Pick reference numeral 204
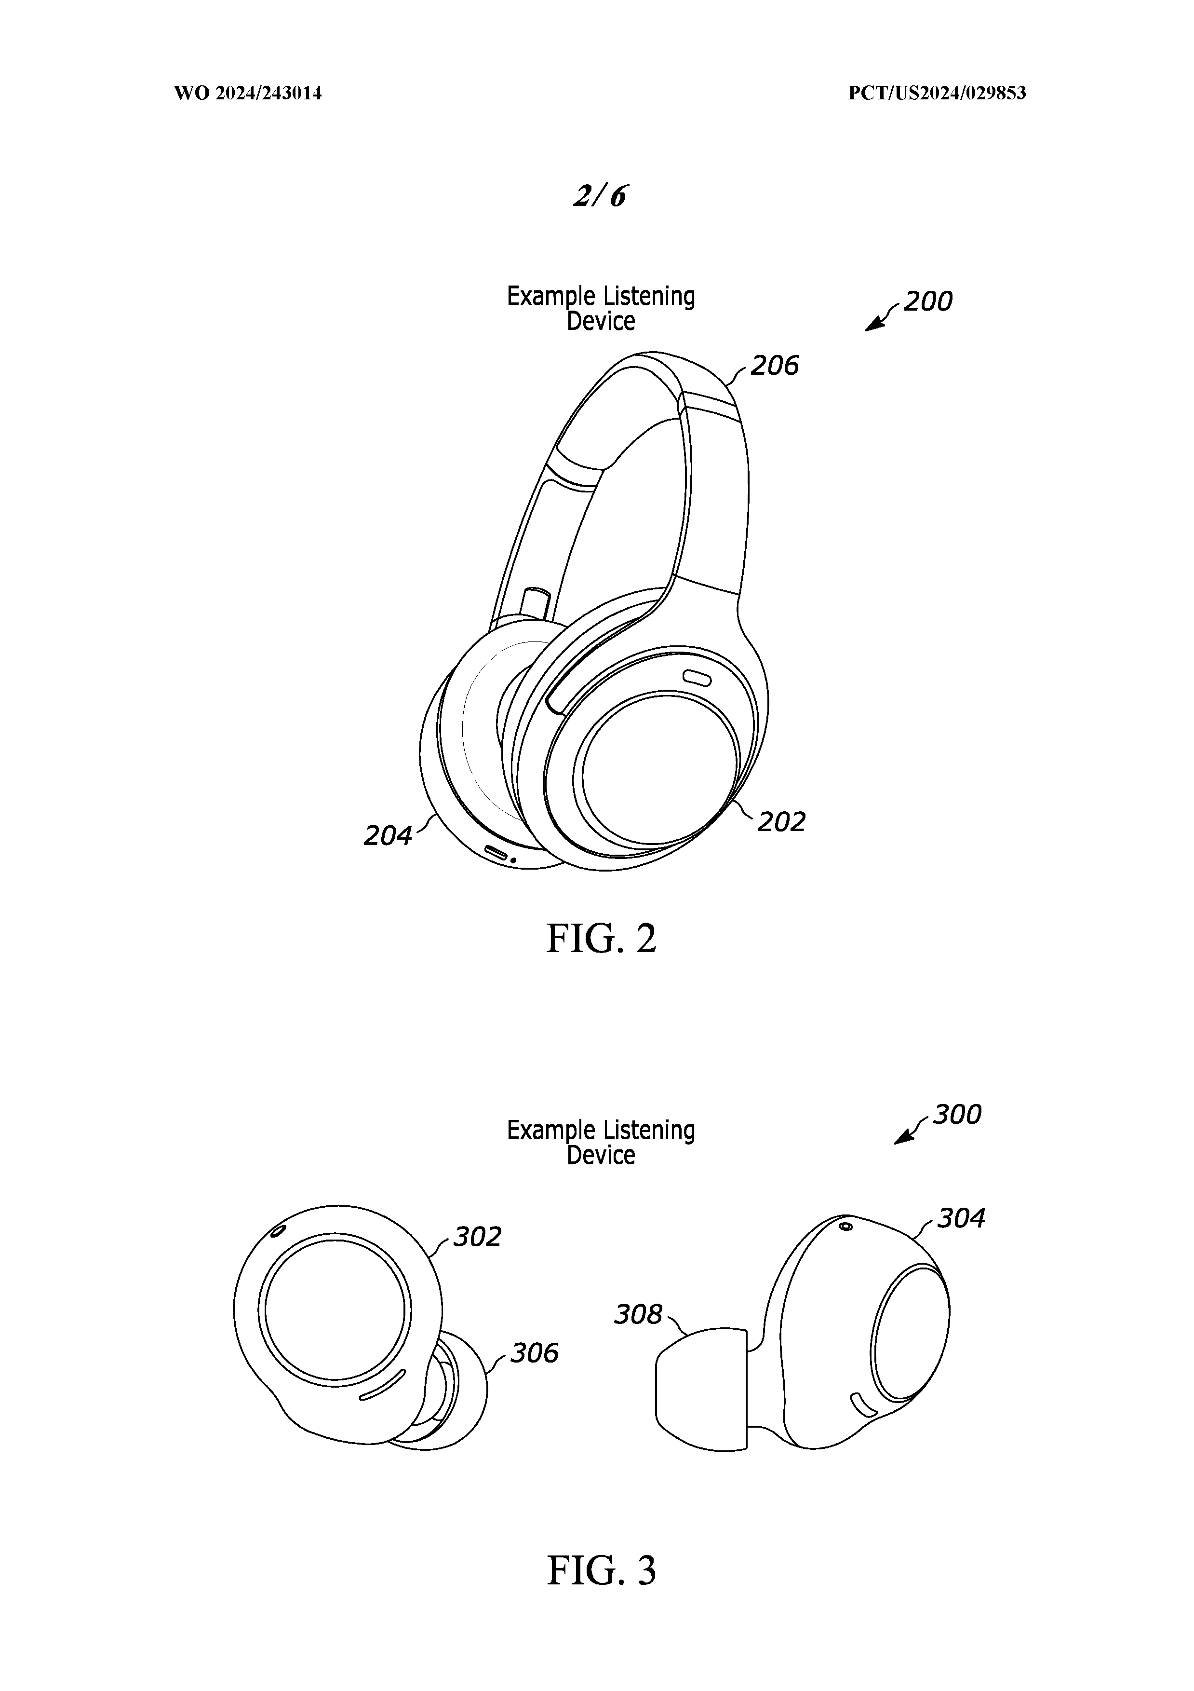(388, 836)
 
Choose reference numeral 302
(477, 1237)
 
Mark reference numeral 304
(961, 1219)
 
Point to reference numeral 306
(535, 1353)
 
